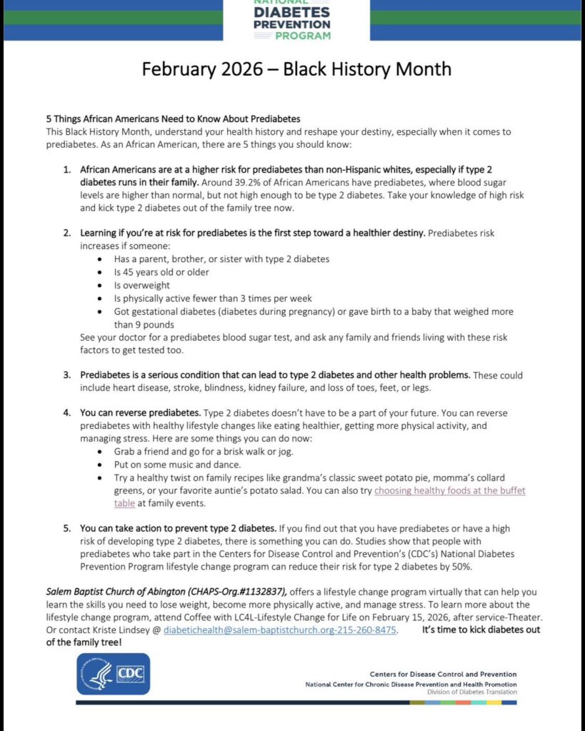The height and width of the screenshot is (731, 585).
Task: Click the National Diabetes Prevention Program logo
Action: click(x=291, y=20)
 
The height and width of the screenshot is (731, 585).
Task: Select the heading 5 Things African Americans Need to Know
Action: click(x=173, y=119)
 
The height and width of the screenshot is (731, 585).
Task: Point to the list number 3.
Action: click(x=66, y=374)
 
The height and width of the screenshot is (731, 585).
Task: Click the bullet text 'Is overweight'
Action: click(x=141, y=285)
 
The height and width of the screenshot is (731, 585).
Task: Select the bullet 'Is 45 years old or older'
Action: click(x=162, y=272)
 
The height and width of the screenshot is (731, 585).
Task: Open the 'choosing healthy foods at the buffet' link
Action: click(x=449, y=490)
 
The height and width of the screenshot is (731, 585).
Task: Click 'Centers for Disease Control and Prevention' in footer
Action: click(x=443, y=674)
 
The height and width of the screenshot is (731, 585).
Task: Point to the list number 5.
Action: click(x=66, y=528)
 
